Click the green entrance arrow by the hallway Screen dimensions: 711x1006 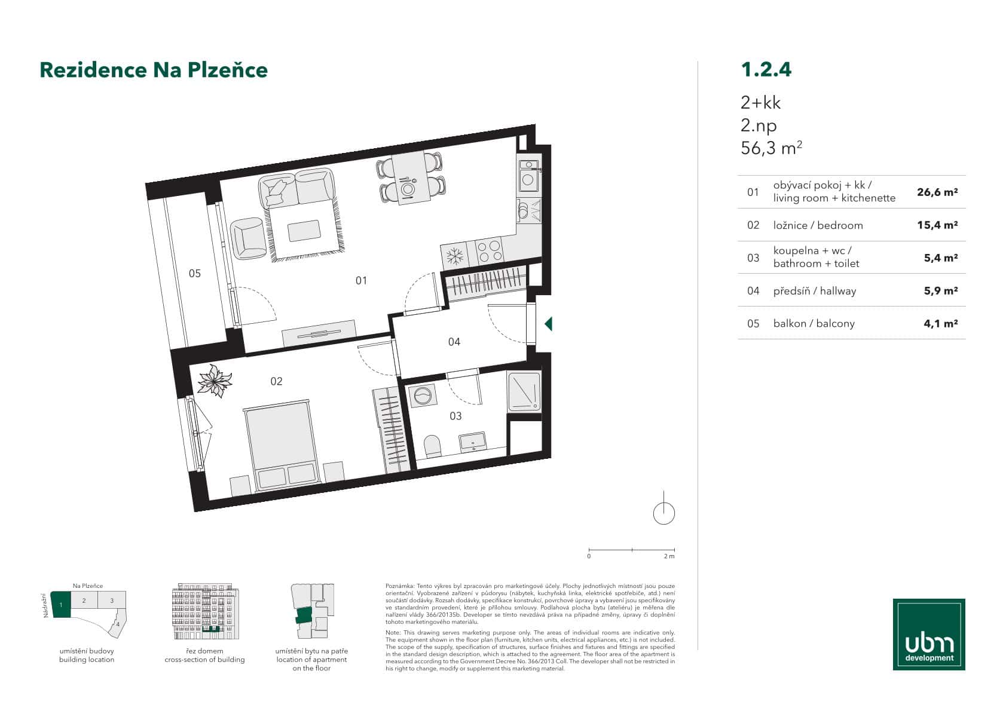click(x=548, y=324)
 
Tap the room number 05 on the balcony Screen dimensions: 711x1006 click(x=195, y=274)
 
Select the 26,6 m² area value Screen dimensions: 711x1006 click(x=937, y=192)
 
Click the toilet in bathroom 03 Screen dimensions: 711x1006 click(x=432, y=446)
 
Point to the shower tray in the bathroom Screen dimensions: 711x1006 click(x=524, y=391)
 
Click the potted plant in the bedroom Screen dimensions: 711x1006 click(x=214, y=381)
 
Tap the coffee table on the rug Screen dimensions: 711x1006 click(x=304, y=231)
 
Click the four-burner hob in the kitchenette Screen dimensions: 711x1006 click(x=488, y=250)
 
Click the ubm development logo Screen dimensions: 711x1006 click(x=929, y=634)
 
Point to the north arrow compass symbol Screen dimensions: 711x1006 click(x=664, y=512)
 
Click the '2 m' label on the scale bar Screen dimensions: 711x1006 click(x=669, y=556)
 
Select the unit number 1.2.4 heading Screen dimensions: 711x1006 click(x=766, y=69)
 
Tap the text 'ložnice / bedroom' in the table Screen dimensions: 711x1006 click(x=818, y=225)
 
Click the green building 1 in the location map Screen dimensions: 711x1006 click(x=61, y=605)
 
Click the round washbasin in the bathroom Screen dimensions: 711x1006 click(x=423, y=396)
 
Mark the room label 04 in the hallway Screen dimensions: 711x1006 click(x=454, y=342)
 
